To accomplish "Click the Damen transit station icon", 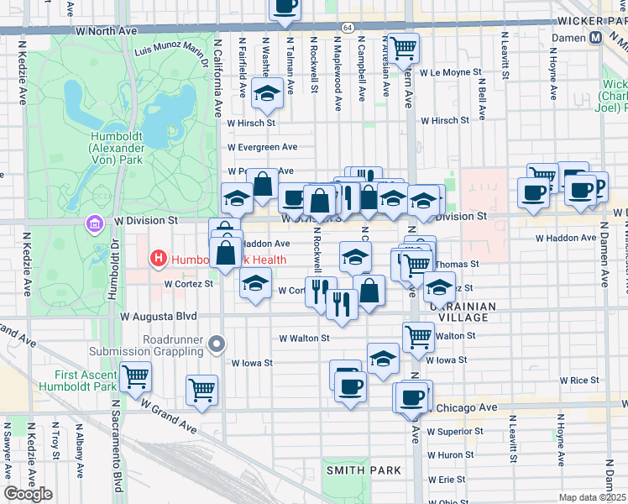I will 595,38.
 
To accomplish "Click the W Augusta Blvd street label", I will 159,317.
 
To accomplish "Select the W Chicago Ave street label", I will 464,407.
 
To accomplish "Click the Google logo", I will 28,494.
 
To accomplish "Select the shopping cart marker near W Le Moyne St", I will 403,49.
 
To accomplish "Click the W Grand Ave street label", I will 169,416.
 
